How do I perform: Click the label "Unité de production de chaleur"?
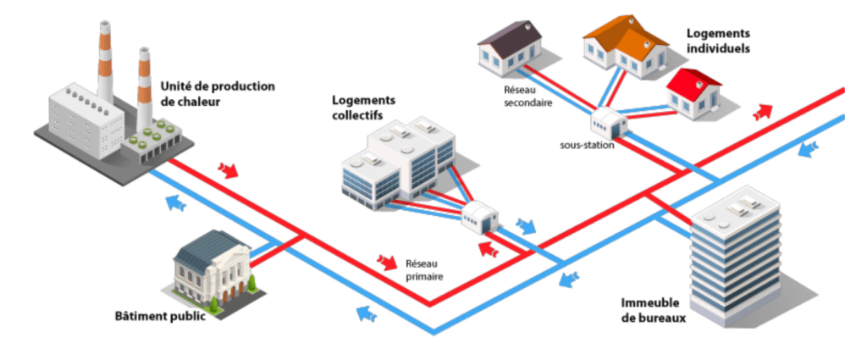coord(217,94)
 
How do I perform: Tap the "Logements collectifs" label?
coord(357,107)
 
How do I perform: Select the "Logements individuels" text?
coord(717,40)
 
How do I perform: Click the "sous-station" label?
coord(587,145)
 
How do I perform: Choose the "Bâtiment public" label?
coord(159,318)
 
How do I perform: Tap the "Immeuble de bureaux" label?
coord(654,311)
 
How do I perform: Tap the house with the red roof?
coord(693,92)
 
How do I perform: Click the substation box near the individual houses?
coord(609,124)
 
